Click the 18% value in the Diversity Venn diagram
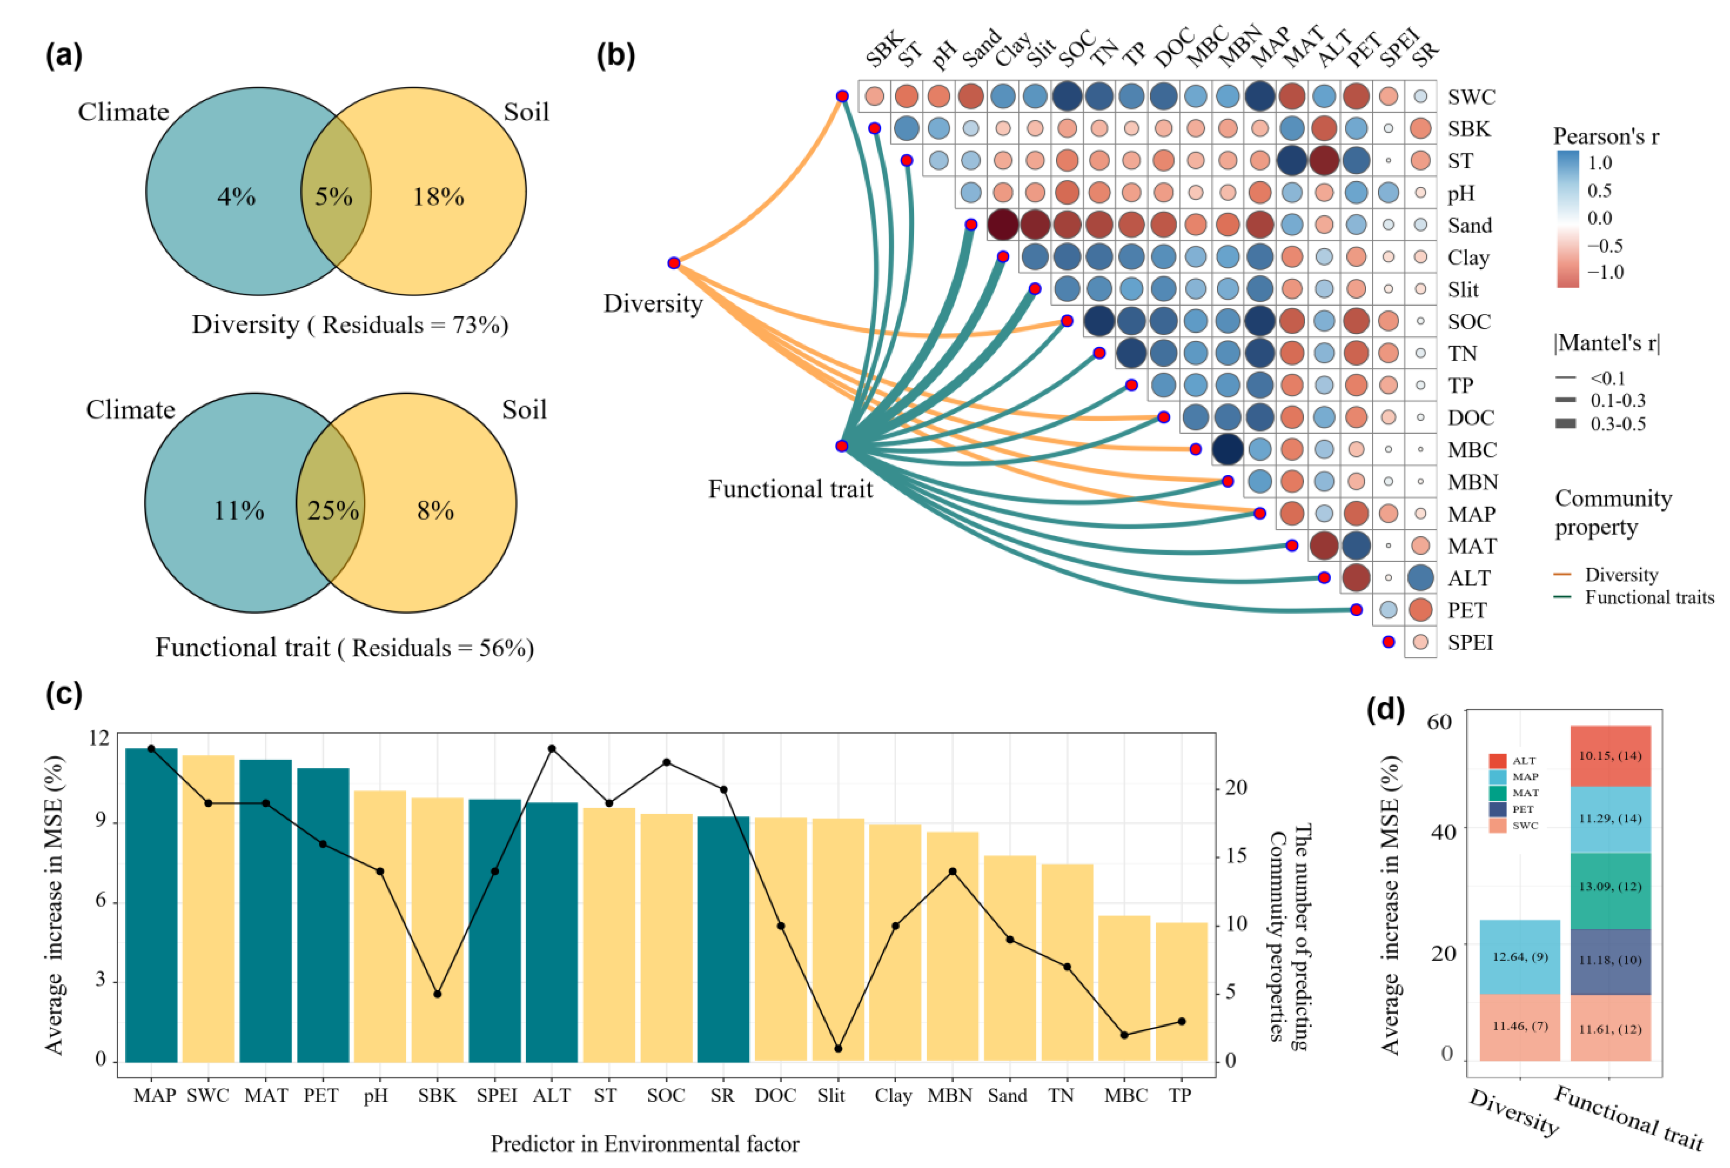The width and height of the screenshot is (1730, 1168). (438, 196)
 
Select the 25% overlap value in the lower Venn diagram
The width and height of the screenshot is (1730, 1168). (334, 510)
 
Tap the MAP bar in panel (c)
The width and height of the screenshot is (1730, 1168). (152, 905)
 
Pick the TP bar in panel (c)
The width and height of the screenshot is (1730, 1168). (1182, 991)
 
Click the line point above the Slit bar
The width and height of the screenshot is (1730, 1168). (838, 1048)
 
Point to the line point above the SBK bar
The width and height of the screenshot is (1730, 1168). (438, 994)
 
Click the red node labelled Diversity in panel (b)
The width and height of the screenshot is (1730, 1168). (674, 263)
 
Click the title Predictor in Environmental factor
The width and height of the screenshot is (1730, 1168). (645, 1143)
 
